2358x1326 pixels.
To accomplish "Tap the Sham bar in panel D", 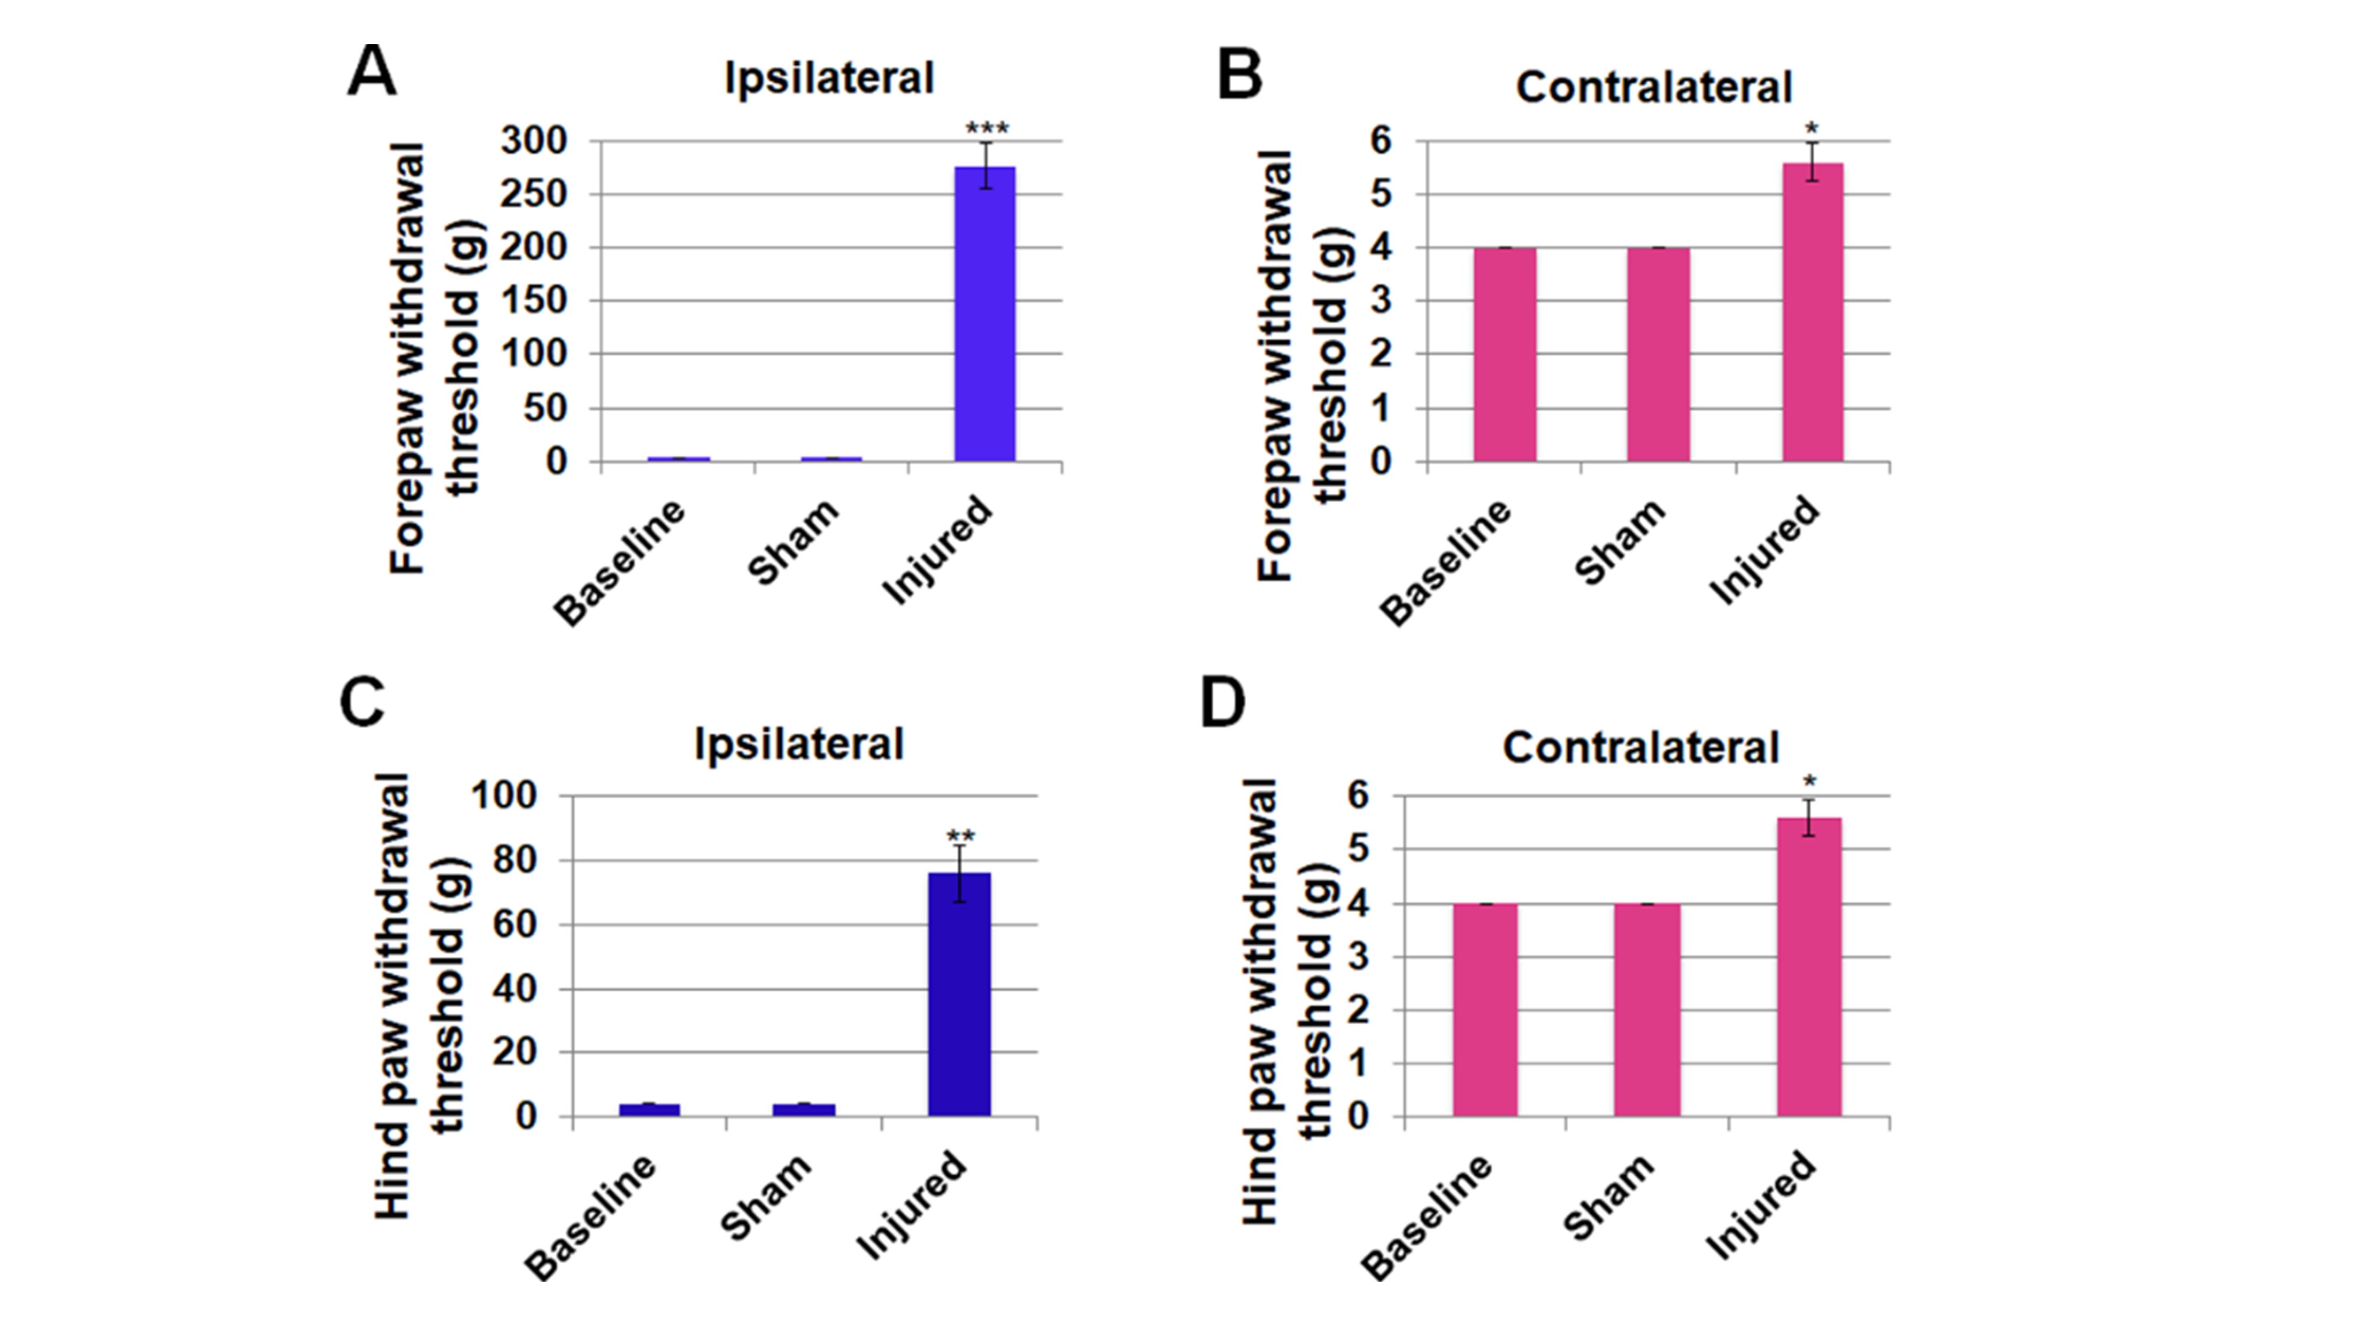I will point(1646,1010).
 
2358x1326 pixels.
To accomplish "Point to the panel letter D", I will point(1223,703).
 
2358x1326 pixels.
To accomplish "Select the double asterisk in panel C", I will point(960,836).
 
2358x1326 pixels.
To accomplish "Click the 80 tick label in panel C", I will point(513,860).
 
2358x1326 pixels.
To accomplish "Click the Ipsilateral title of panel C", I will point(799,743).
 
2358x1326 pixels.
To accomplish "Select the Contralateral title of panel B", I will point(1653,88).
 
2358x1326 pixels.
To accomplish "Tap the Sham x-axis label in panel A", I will point(793,542).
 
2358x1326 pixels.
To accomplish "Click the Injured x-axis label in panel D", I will point(1759,1206).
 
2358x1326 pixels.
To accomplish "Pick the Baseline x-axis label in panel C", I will point(591,1217).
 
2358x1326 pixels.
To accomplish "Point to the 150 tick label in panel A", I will point(535,301).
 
